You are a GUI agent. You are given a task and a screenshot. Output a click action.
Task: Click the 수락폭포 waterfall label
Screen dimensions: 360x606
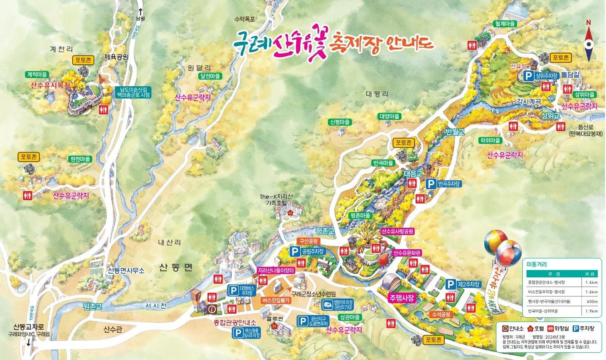click(x=245, y=19)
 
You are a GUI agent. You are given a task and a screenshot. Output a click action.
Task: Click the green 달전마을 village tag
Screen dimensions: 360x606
click(x=210, y=76)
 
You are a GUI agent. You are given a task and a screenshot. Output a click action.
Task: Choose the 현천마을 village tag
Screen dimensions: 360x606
click(x=80, y=159)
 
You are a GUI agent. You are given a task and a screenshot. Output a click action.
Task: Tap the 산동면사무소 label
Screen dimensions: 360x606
click(x=126, y=271)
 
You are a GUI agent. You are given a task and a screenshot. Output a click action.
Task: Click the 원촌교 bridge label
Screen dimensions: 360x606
click(x=93, y=306)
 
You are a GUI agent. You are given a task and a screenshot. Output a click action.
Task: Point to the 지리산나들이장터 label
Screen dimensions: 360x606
click(x=276, y=270)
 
